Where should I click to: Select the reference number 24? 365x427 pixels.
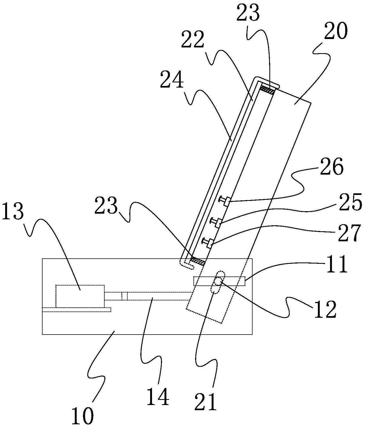pyautogui.click(x=172, y=79)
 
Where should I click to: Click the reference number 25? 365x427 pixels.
pyautogui.click(x=350, y=202)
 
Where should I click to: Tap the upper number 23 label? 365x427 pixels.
pyautogui.click(x=248, y=12)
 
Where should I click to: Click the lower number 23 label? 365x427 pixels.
pyautogui.click(x=106, y=205)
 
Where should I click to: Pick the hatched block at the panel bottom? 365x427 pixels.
pyautogui.click(x=198, y=261)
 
